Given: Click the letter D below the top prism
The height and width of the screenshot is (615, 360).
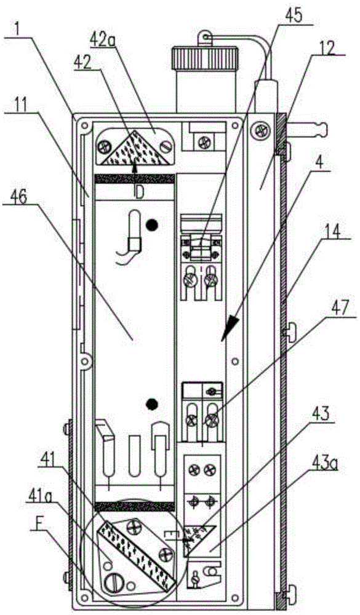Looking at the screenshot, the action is [139, 193].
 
